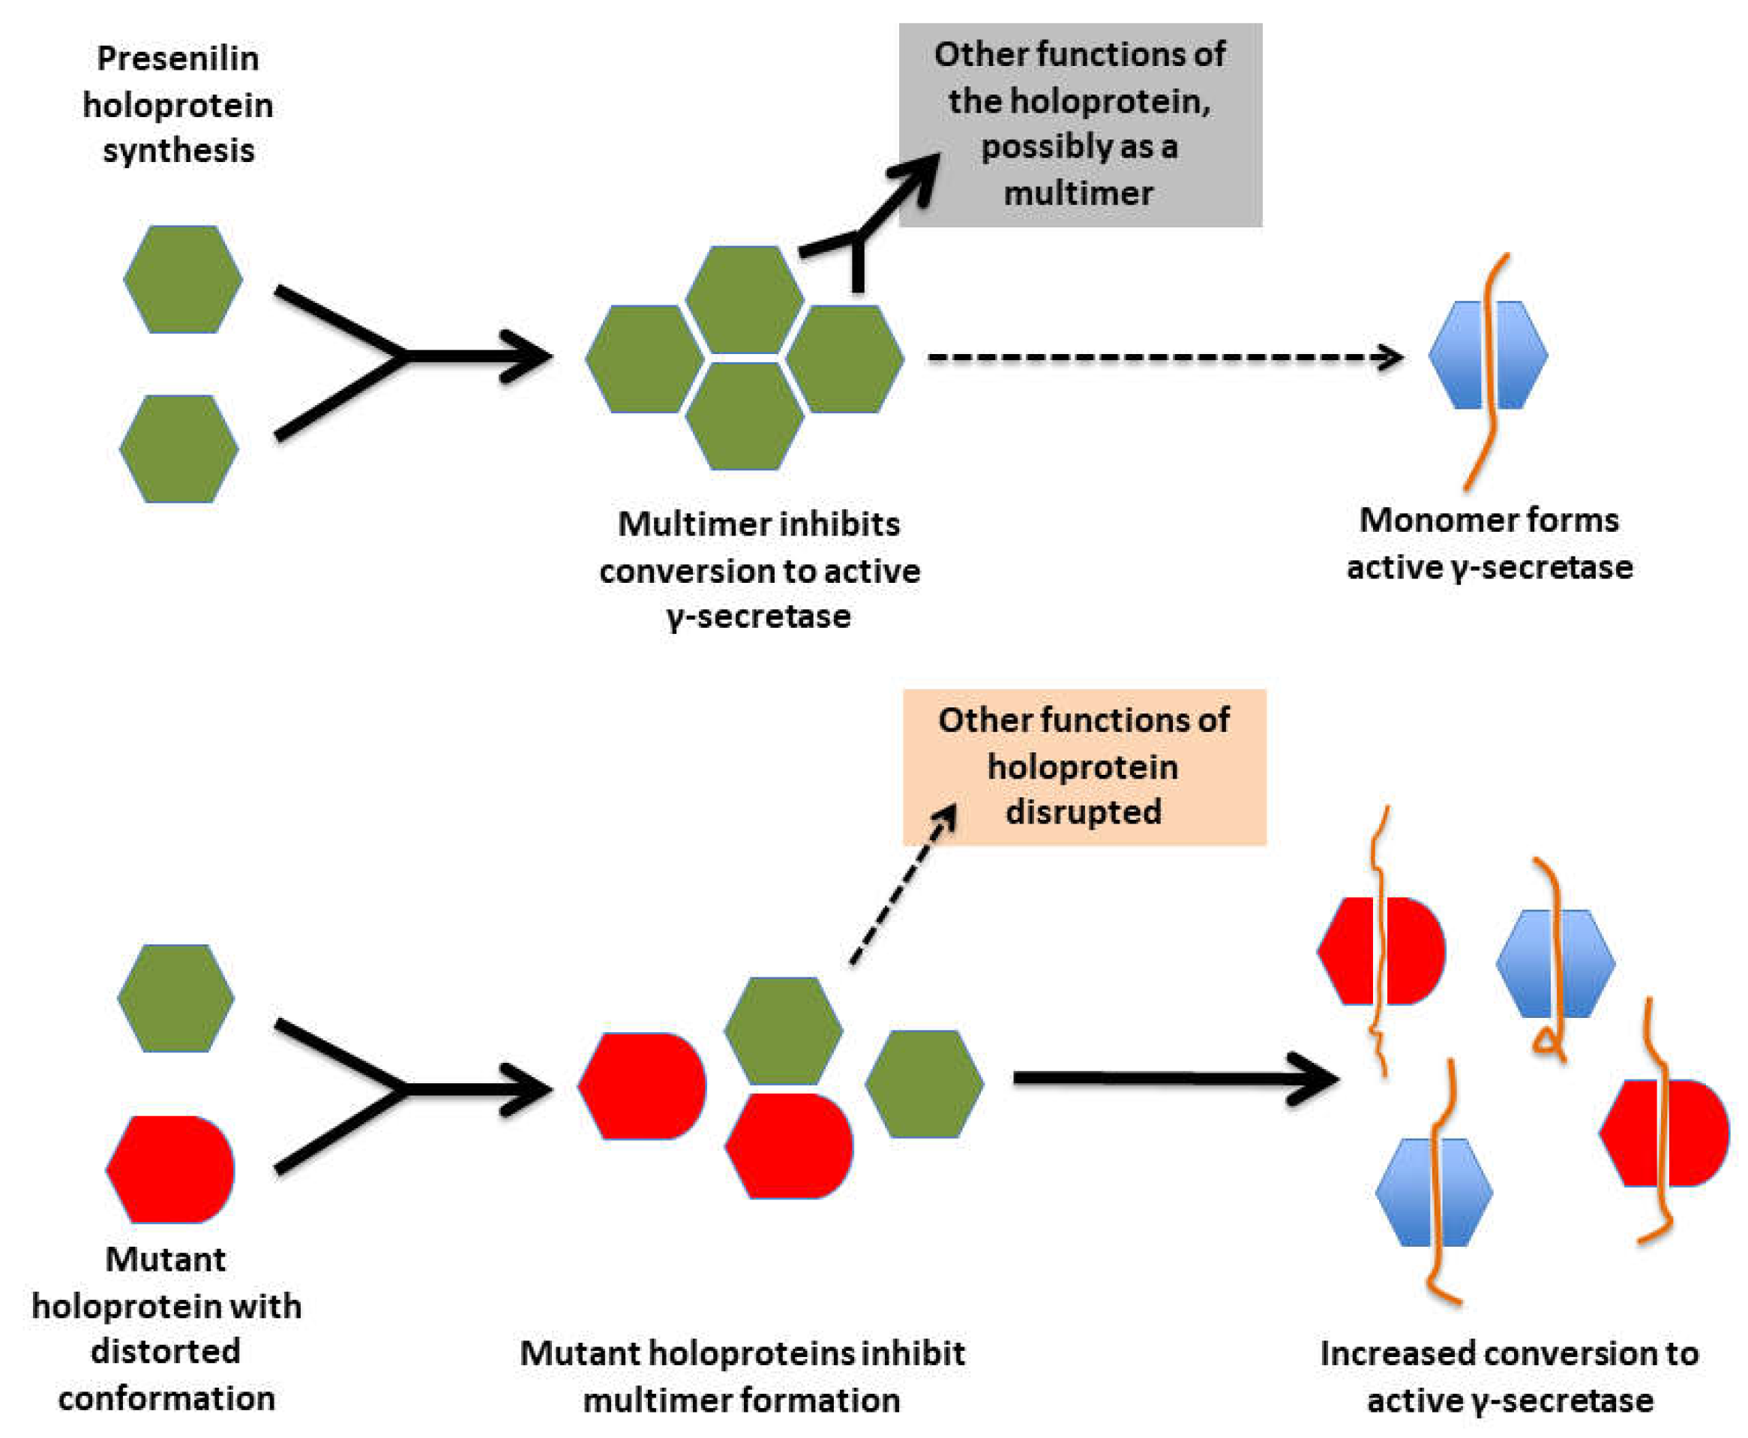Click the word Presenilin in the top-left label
point(177,59)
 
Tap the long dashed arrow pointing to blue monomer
point(1159,357)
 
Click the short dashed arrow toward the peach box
point(903,887)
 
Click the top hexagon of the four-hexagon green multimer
point(745,299)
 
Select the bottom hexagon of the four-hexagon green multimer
point(745,416)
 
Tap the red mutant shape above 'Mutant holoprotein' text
point(170,1169)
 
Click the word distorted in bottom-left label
point(166,1351)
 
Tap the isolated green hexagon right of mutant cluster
point(924,1083)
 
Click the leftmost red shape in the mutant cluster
point(643,1086)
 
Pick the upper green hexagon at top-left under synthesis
point(183,279)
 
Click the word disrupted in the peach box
point(1083,812)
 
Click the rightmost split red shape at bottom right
point(1664,1133)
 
